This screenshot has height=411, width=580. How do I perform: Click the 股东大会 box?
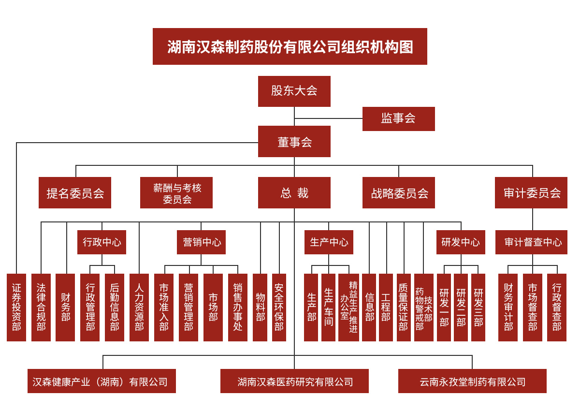(294, 91)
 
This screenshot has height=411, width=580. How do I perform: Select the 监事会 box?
(398, 119)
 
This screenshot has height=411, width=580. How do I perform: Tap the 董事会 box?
(294, 141)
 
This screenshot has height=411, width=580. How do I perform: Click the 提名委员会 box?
(75, 192)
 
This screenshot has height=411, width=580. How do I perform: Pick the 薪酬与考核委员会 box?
(176, 192)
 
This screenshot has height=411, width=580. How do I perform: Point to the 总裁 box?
(294, 192)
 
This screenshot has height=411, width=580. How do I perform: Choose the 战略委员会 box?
(398, 192)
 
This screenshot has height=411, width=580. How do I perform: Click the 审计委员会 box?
(531, 192)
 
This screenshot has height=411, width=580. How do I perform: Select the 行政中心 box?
(102, 242)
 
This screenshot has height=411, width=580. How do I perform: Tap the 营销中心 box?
(201, 242)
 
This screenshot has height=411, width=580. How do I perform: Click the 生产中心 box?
(329, 242)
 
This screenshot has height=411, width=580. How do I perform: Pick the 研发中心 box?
(461, 242)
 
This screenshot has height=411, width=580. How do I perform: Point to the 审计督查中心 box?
(531, 242)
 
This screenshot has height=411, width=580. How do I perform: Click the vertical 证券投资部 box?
(16, 308)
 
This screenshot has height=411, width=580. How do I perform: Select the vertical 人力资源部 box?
(139, 308)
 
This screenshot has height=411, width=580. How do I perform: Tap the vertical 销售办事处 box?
(238, 308)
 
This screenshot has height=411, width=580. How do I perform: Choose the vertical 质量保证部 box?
(404, 308)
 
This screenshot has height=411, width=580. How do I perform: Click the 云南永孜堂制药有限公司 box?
(472, 381)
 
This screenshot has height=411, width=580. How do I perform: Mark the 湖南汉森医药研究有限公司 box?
(294, 381)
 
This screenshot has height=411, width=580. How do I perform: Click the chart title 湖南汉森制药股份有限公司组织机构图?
(290, 46)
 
